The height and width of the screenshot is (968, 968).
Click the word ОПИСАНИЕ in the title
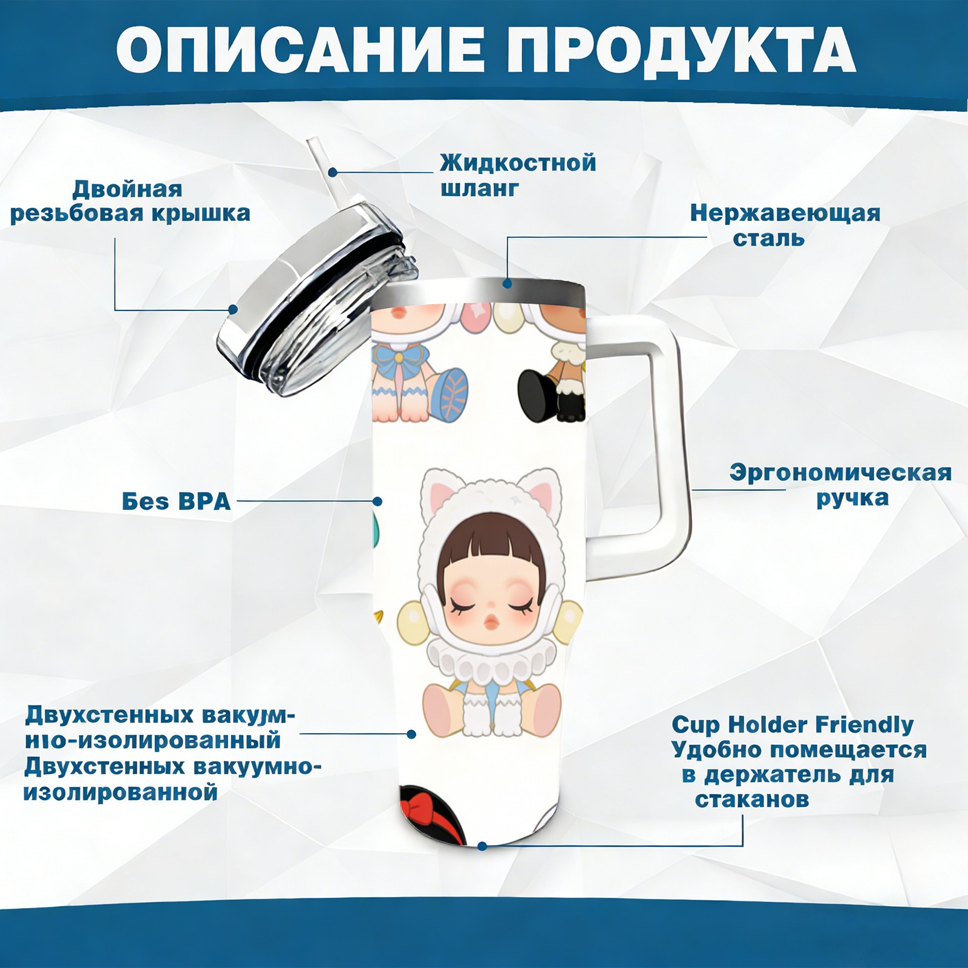pyautogui.click(x=300, y=50)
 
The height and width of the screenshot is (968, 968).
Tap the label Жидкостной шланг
pyautogui.click(x=518, y=175)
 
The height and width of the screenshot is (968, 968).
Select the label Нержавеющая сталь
pyautogui.click(x=785, y=225)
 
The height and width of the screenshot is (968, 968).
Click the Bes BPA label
pyautogui.click(x=176, y=501)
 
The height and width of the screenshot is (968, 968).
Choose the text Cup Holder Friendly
pyautogui.click(x=793, y=725)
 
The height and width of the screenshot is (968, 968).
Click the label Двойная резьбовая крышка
pyautogui.click(x=130, y=201)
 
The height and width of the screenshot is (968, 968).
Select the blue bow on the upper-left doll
pyautogui.click(x=402, y=356)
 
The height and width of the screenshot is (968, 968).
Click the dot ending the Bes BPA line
pyautogui.click(x=378, y=501)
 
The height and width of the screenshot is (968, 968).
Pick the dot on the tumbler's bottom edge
pyautogui.click(x=482, y=846)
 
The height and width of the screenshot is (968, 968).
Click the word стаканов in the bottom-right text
pyautogui.click(x=751, y=800)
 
